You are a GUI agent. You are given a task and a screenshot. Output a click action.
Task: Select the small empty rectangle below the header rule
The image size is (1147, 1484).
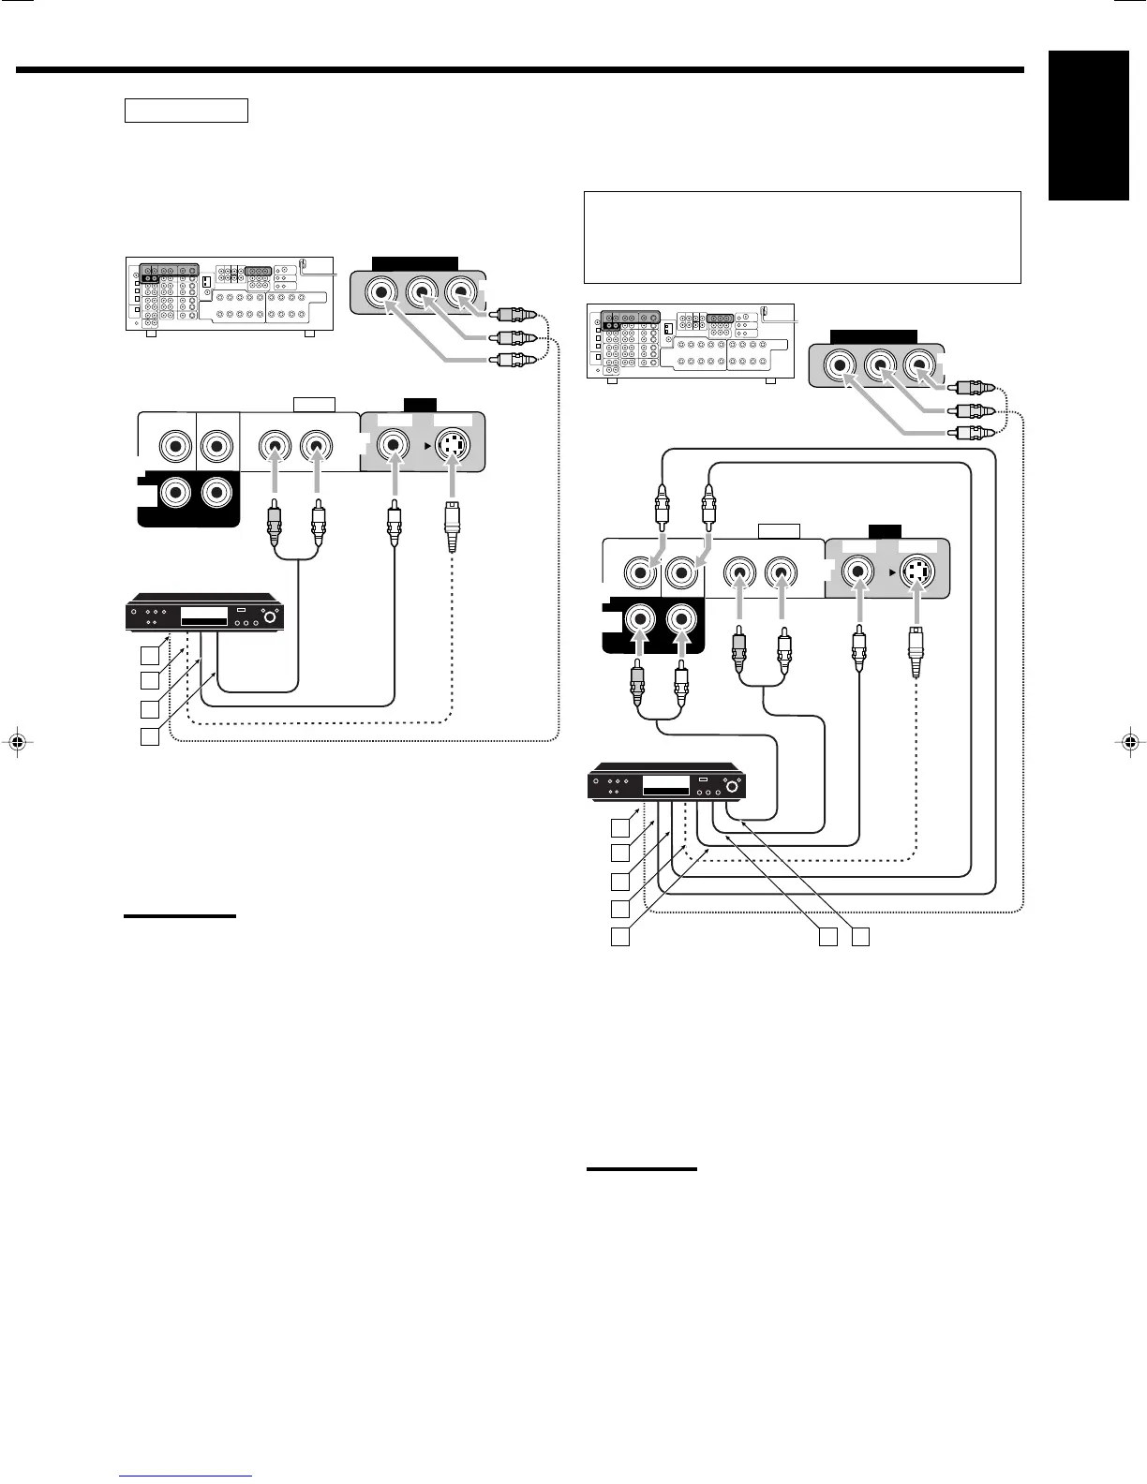click(186, 111)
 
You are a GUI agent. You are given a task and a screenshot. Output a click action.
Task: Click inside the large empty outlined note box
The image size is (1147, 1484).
click(801, 237)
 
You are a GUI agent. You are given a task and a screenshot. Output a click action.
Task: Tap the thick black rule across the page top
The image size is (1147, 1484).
click(520, 69)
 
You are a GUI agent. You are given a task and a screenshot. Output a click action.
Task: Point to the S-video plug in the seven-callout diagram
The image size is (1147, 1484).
click(916, 651)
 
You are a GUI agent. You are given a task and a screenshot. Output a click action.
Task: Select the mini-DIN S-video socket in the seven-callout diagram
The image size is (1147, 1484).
click(917, 571)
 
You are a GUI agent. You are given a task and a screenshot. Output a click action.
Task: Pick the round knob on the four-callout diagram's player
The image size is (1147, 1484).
click(271, 616)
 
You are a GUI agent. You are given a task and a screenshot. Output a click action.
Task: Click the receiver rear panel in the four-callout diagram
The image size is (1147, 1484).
click(228, 292)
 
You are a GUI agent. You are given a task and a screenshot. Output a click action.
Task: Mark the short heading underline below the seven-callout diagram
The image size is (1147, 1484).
click(642, 1169)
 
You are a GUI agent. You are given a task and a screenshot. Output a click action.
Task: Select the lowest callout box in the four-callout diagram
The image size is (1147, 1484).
click(150, 736)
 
